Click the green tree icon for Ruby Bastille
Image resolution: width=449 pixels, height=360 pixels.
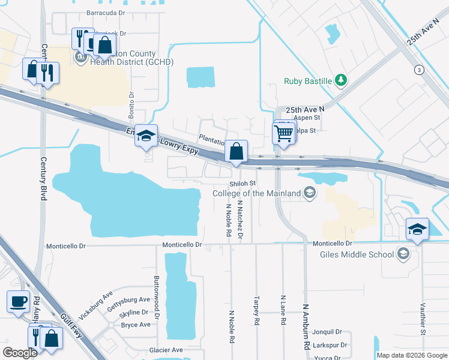(x=341, y=80)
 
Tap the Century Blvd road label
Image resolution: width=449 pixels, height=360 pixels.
(x=43, y=182)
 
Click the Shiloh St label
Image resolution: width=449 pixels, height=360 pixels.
(x=243, y=184)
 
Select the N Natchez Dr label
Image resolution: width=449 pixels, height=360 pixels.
(x=240, y=220)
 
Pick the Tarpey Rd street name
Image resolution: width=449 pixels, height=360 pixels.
(x=256, y=310)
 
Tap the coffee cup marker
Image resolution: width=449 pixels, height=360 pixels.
(x=18, y=300)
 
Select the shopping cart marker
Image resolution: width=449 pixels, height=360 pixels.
(x=283, y=133)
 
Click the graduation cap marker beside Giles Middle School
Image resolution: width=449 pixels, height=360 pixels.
(x=418, y=229)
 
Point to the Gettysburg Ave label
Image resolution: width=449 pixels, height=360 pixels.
(x=128, y=299)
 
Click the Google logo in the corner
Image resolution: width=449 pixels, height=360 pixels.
(x=20, y=353)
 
